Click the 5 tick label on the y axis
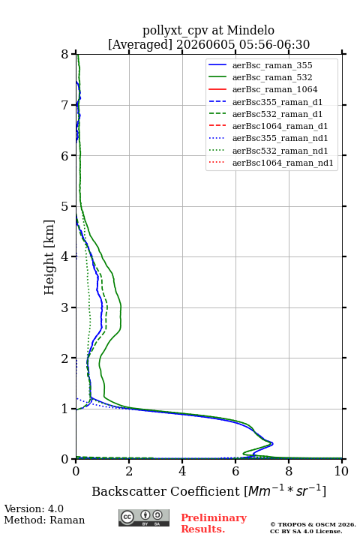click(65, 207)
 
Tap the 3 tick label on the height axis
click(65, 307)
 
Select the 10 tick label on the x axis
click(341, 471)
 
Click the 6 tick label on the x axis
click(235, 471)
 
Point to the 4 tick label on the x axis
click(182, 471)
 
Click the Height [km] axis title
click(49, 257)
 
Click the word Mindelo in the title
click(250, 30)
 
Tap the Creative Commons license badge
click(144, 517)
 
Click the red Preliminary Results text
click(214, 523)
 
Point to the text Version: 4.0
click(34, 508)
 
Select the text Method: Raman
click(44, 520)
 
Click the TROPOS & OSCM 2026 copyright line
click(313, 524)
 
